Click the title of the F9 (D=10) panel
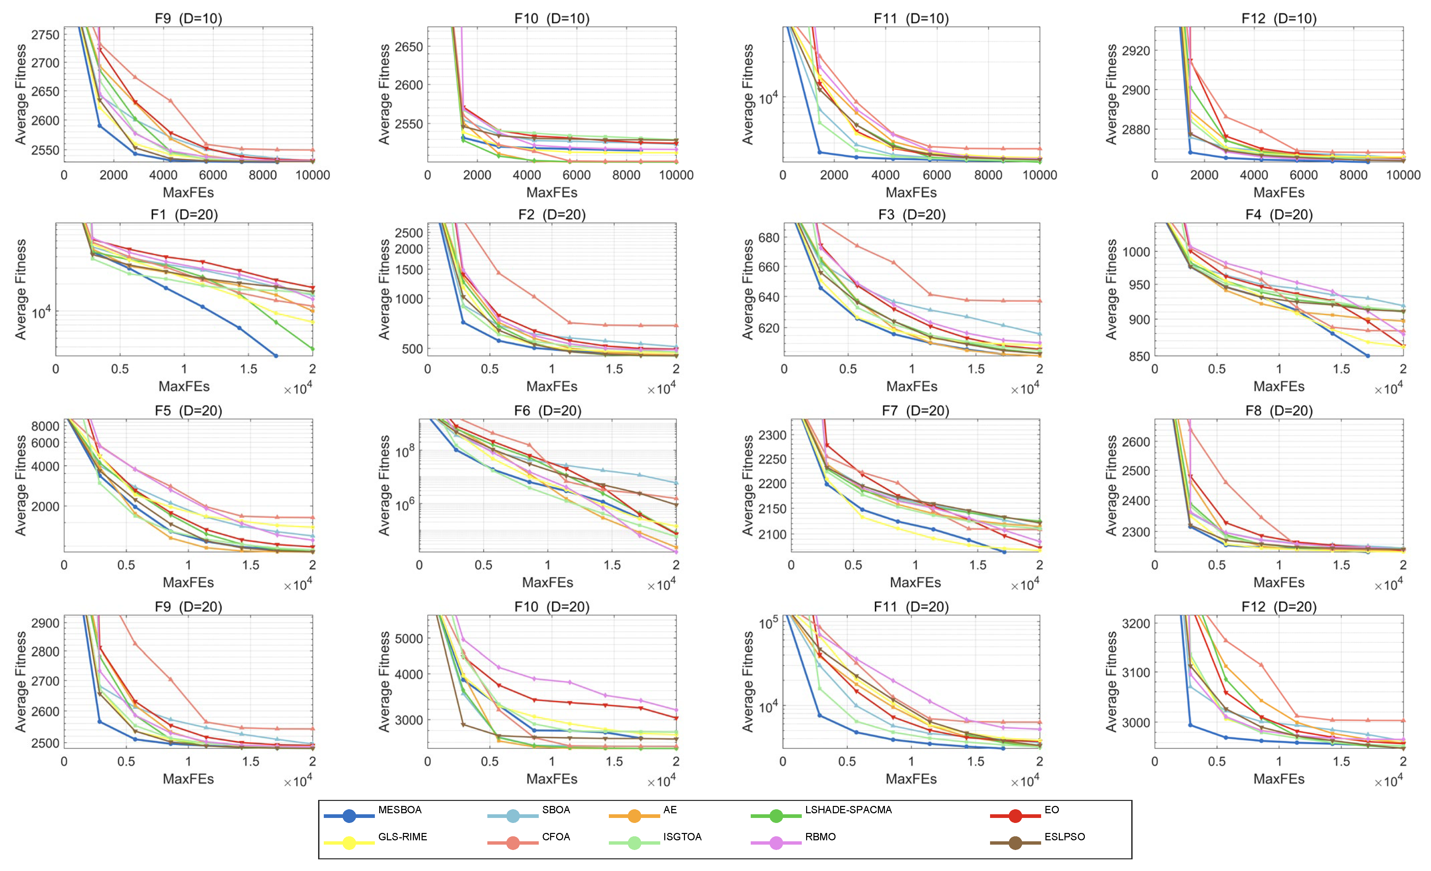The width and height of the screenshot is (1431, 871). pyautogui.click(x=188, y=18)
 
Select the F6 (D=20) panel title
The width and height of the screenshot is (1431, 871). pyautogui.click(x=548, y=410)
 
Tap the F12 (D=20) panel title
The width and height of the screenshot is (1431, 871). pyautogui.click(x=1279, y=607)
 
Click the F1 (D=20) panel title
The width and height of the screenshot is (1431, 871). pyautogui.click(x=184, y=214)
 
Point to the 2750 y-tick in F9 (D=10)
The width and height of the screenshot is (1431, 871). pyautogui.click(x=45, y=35)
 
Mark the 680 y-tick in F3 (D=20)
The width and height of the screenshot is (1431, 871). pyautogui.click(x=769, y=238)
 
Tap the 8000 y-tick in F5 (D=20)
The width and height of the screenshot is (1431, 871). pyautogui.click(x=45, y=426)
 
